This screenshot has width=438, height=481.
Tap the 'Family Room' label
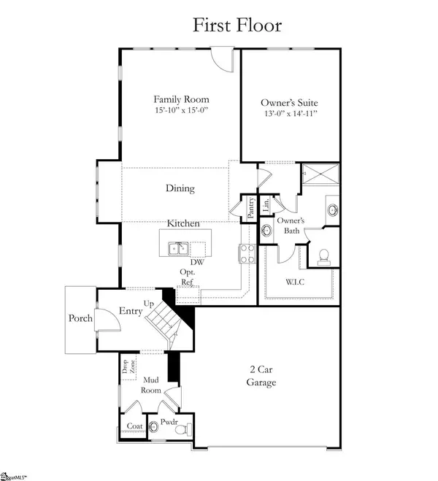(x=181, y=99)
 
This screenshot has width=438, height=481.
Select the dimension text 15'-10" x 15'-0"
(x=181, y=111)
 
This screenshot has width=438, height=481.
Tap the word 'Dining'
(x=180, y=188)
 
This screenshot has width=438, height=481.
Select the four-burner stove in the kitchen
(x=245, y=253)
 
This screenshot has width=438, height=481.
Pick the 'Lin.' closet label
(x=266, y=204)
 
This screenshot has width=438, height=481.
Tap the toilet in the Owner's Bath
(x=323, y=256)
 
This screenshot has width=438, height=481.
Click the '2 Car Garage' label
(x=261, y=377)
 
